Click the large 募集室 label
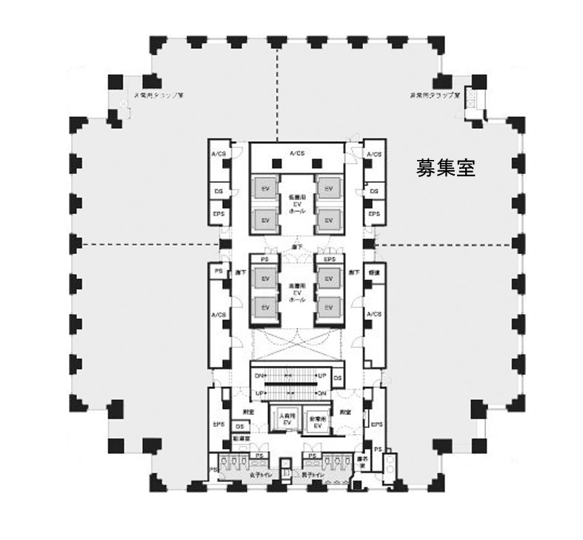(445, 168)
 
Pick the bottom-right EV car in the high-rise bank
(329, 307)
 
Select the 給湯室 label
(239, 439)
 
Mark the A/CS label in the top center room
(297, 153)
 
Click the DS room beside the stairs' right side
(337, 379)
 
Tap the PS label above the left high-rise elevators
(264, 259)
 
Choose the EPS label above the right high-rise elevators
(330, 259)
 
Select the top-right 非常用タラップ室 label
(435, 96)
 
